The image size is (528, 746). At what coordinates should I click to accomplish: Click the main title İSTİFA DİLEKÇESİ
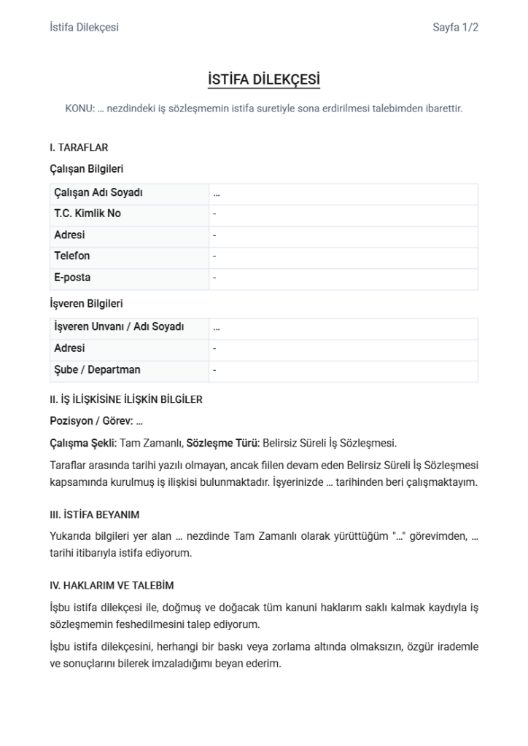pyautogui.click(x=264, y=79)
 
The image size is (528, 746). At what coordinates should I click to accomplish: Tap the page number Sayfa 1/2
pyautogui.click(x=455, y=28)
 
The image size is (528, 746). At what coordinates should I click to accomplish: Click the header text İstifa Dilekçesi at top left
pyautogui.click(x=84, y=28)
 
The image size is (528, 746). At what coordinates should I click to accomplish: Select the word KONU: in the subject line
pyautogui.click(x=79, y=109)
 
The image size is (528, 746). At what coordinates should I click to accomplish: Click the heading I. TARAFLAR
pyautogui.click(x=79, y=148)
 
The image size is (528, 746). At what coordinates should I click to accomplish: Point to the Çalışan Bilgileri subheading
pyautogui.click(x=86, y=169)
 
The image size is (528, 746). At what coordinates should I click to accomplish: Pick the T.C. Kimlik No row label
pyautogui.click(x=88, y=214)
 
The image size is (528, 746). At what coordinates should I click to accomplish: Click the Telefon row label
pyautogui.click(x=72, y=256)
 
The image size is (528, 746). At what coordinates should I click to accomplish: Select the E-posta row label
pyautogui.click(x=72, y=278)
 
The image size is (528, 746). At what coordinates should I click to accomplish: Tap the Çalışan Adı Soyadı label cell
pyautogui.click(x=98, y=193)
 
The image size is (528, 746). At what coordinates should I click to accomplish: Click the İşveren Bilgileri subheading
pyautogui.click(x=86, y=303)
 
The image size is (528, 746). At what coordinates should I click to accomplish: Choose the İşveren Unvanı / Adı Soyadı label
pyautogui.click(x=119, y=327)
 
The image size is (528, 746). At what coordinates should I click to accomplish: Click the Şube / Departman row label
pyautogui.click(x=97, y=370)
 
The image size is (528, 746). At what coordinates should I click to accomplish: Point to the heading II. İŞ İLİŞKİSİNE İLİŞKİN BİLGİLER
pyautogui.click(x=125, y=399)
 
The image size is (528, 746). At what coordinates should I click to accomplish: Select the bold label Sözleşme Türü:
pyautogui.click(x=222, y=443)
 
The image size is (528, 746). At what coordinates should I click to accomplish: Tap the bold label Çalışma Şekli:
pyautogui.click(x=83, y=443)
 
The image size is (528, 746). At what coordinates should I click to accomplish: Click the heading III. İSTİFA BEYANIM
pyautogui.click(x=94, y=515)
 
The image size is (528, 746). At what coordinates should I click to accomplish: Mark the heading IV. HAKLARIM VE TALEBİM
pyautogui.click(x=112, y=586)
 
